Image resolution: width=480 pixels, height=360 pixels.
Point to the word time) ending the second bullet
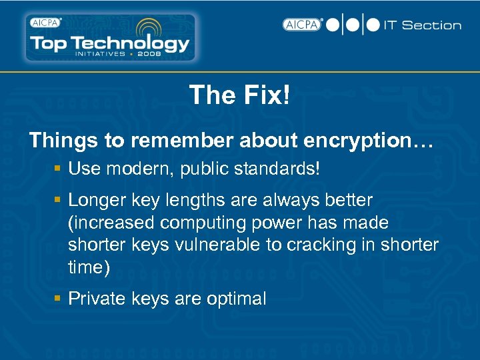coord(87,267)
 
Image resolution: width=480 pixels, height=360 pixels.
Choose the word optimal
coord(235,299)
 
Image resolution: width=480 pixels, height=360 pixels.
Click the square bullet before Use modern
coord(59,169)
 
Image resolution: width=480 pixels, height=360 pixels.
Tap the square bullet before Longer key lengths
coord(59,200)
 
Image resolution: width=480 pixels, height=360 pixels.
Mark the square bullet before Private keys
coord(59,299)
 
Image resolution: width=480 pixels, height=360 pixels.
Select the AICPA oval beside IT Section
coord(302,25)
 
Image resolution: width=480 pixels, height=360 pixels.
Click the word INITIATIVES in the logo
coord(99,54)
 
